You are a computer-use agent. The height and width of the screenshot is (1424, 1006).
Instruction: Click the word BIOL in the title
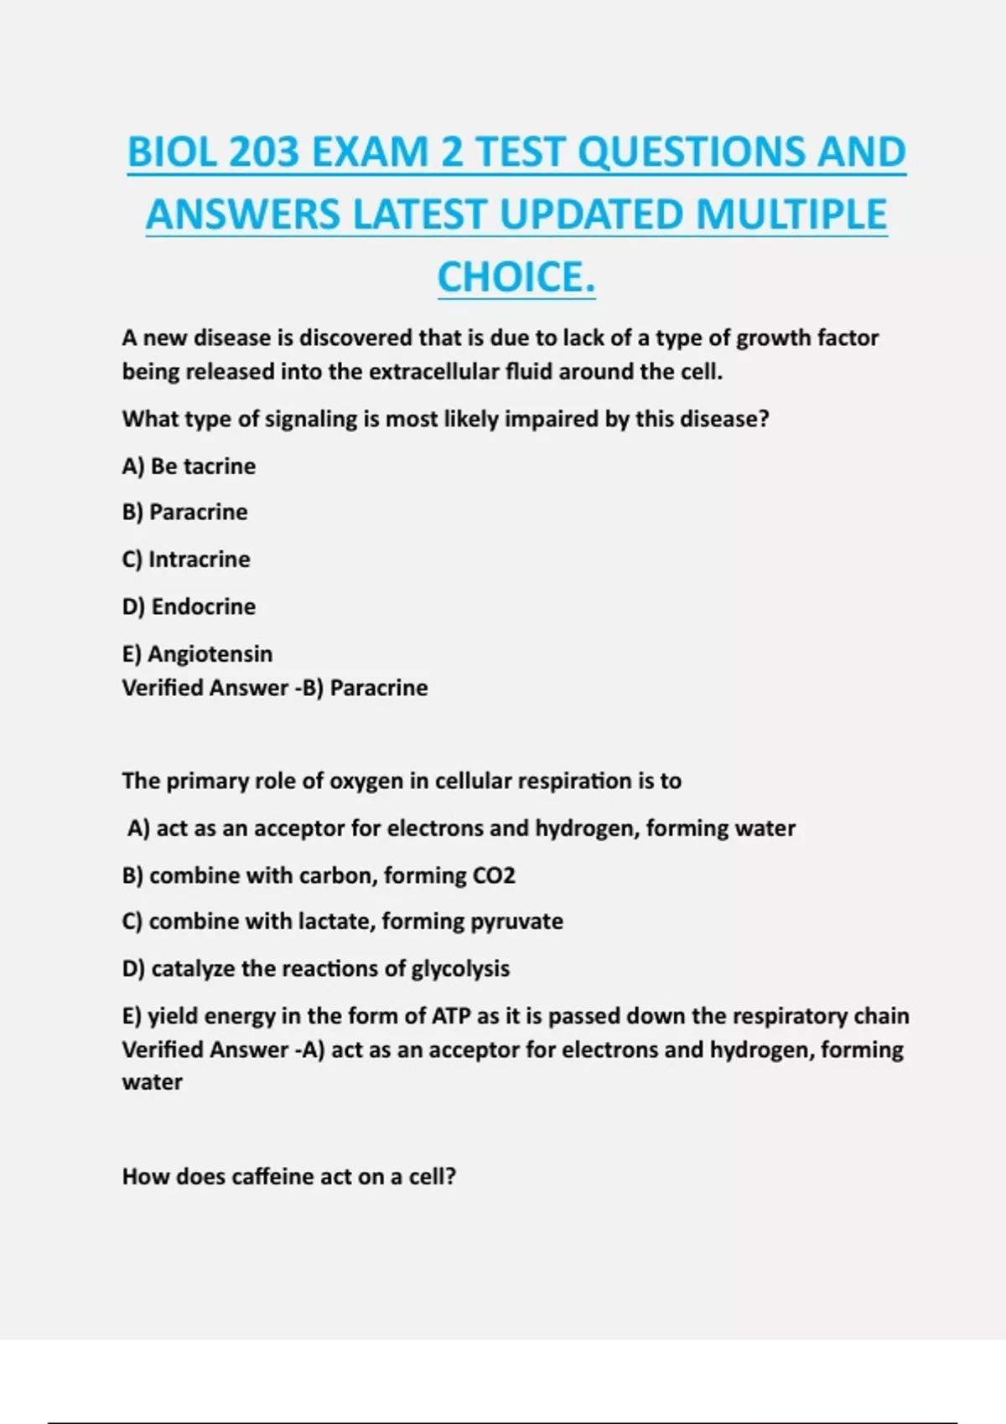coord(171,152)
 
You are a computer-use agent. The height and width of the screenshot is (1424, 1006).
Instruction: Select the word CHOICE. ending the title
coord(516,277)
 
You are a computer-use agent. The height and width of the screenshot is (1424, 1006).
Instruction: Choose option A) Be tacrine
coord(189,466)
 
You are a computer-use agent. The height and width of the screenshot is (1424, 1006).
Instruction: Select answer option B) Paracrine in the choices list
coord(184,512)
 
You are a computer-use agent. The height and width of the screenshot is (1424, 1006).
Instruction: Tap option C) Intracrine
coord(186,559)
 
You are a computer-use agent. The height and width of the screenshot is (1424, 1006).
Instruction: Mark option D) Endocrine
coord(189,606)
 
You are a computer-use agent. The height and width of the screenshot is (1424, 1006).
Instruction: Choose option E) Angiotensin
coord(197,653)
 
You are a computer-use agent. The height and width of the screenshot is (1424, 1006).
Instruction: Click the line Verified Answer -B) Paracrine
coord(275,688)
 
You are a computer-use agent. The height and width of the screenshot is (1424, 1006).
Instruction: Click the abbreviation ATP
coord(451,1016)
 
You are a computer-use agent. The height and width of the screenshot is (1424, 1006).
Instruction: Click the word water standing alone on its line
coord(152,1082)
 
